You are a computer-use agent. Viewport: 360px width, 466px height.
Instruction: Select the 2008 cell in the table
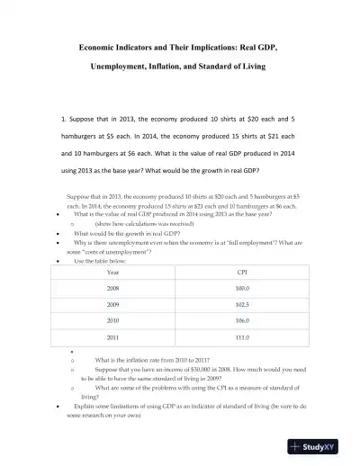pos(112,289)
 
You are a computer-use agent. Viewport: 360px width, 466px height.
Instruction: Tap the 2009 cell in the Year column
pos(112,305)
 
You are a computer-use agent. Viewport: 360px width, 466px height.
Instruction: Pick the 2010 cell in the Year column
pos(112,320)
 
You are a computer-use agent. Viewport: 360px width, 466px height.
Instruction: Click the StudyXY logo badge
pos(319,446)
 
